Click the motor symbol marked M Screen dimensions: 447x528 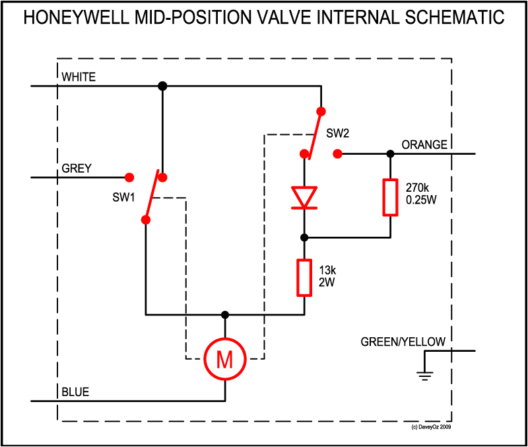click(x=225, y=359)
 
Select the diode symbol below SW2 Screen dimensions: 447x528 click(x=304, y=198)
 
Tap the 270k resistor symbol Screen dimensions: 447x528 click(x=390, y=197)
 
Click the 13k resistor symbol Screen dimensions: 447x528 click(x=304, y=278)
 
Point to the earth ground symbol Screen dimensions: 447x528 click(x=424, y=376)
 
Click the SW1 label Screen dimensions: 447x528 click(x=123, y=198)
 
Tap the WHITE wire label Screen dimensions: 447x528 click(x=79, y=77)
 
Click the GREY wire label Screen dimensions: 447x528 click(x=77, y=169)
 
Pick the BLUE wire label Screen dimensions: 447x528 click(x=75, y=393)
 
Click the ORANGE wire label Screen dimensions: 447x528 click(x=424, y=145)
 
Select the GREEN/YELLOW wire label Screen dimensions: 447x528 click(x=403, y=342)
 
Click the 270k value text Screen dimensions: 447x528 click(x=416, y=187)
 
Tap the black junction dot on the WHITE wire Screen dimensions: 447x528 click(x=162, y=86)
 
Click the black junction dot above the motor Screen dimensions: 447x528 click(x=225, y=314)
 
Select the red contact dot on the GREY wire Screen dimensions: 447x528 click(x=130, y=177)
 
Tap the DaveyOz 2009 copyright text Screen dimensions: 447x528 click(x=430, y=427)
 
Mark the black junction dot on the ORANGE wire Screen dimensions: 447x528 click(x=390, y=153)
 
